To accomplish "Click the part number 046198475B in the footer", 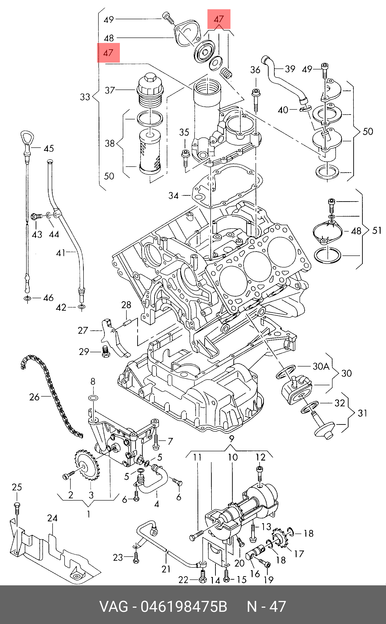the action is [184, 607].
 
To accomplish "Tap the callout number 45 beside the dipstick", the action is [49, 149].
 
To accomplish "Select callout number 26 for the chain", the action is [35, 397].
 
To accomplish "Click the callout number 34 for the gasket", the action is [173, 196].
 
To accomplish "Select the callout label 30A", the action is [321, 366].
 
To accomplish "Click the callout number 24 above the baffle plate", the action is [52, 518].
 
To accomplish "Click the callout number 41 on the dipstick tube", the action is [61, 253].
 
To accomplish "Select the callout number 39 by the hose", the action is [290, 69].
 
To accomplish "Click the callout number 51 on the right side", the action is [377, 230].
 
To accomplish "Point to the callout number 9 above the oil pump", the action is [232, 439].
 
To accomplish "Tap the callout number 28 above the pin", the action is [126, 305].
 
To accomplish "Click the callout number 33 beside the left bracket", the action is [85, 97].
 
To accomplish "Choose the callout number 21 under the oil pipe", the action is [166, 569].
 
